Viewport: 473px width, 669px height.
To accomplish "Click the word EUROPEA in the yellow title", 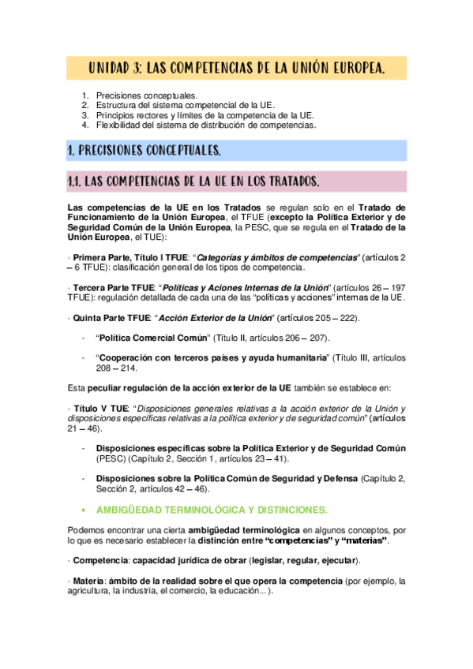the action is pos(349,70).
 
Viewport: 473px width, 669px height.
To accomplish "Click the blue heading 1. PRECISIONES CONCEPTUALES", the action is pos(144,150).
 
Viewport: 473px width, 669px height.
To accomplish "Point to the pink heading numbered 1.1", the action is pos(193,181).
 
